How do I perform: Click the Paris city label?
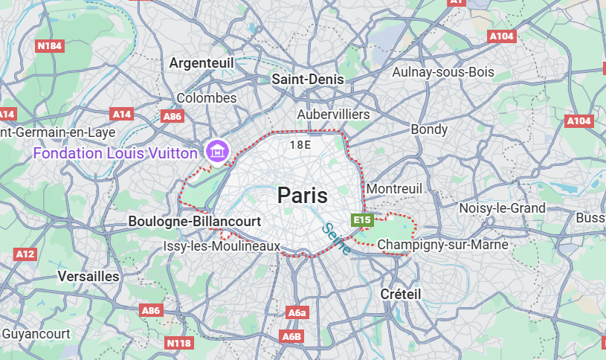(302, 196)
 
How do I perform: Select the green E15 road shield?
(362, 220)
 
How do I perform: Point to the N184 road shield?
(50, 46)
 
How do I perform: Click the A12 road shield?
(25, 254)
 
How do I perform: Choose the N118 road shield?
(179, 343)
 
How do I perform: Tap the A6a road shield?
(297, 313)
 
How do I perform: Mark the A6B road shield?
(292, 337)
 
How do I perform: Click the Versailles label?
(88, 276)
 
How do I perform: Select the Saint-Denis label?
(308, 79)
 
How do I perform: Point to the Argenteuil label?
(202, 63)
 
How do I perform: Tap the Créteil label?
(400, 294)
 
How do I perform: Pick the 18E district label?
(300, 144)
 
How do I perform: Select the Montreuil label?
(394, 189)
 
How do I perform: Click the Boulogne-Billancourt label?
(195, 222)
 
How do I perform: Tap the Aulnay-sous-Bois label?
(442, 72)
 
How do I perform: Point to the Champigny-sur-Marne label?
(442, 244)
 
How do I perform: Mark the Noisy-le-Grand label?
(502, 208)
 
